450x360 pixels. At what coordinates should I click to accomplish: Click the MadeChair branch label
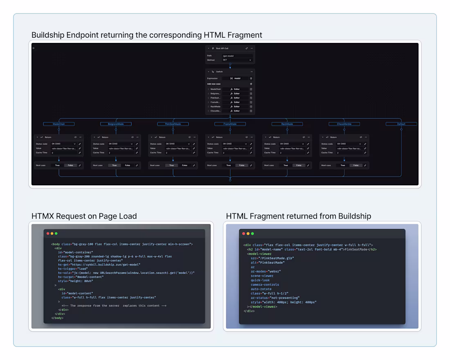pos(59,124)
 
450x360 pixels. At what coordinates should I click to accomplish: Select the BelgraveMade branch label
pos(116,124)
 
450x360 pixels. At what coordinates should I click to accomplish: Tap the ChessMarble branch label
pos(344,124)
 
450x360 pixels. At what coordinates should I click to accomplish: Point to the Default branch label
pos(401,124)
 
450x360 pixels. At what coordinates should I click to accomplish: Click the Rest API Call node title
pos(222,48)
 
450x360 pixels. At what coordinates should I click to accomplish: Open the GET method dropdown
pos(237,60)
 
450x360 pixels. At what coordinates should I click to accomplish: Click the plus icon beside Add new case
pos(251,84)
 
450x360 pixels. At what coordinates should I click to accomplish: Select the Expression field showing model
pos(235,78)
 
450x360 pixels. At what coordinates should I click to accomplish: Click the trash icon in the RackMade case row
pos(251,106)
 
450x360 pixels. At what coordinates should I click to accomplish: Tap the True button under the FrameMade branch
pos(228,165)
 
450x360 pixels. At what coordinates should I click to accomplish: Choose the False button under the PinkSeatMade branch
pos(184,165)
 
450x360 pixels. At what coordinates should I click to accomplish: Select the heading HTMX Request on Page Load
pos(84,216)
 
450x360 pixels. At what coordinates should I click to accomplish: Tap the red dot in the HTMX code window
pos(48,234)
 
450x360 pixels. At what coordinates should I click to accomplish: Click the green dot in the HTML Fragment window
pos(252,234)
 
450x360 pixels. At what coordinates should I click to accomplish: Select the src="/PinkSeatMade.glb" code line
pos(272,258)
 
